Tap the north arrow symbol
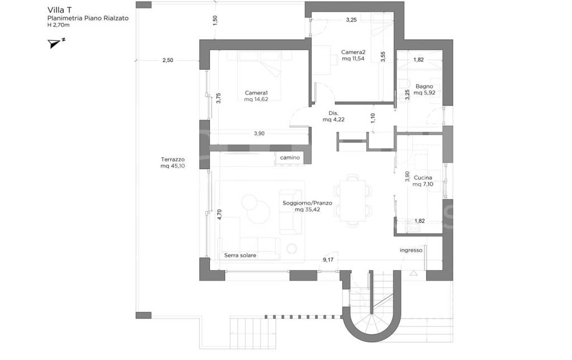(x=56, y=43)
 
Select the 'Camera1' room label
(x=256, y=93)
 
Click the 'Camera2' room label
(x=353, y=52)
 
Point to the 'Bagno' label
(x=425, y=87)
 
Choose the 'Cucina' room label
(x=423, y=178)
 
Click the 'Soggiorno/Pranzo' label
(x=307, y=203)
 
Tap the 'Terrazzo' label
(x=173, y=159)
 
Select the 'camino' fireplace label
(x=290, y=157)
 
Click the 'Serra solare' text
(x=240, y=256)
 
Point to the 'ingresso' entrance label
(x=411, y=250)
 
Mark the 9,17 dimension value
(x=328, y=260)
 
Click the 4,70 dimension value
(x=219, y=214)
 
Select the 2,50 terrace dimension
(x=168, y=60)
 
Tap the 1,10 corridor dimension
(x=373, y=118)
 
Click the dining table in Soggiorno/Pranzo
(x=353, y=200)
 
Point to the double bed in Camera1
(x=259, y=75)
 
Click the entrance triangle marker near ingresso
(x=413, y=273)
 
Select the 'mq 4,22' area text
(x=333, y=119)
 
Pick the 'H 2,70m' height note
(x=58, y=25)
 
